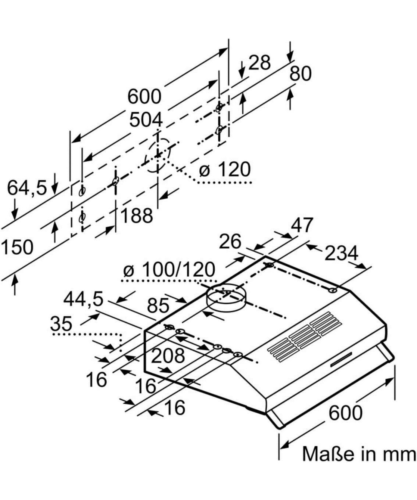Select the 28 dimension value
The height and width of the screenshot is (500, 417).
click(259, 63)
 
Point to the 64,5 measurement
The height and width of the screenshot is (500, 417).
click(27, 188)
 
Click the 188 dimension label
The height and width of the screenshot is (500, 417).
click(137, 215)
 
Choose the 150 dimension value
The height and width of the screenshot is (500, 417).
click(17, 247)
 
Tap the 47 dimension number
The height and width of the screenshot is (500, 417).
click(302, 225)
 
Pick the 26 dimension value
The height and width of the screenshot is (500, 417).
click(230, 241)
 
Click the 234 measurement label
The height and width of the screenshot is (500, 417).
click(341, 253)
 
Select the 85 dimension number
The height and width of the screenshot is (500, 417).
click(158, 306)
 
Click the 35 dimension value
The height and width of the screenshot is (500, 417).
click(61, 323)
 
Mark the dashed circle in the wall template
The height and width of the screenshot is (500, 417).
click(158, 155)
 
